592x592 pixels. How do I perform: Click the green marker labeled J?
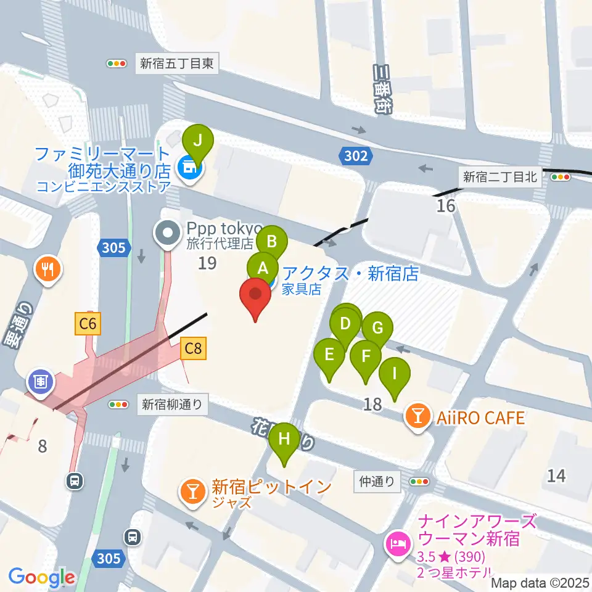(197, 141)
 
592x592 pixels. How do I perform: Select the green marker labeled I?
(394, 374)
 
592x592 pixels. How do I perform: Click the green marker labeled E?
(329, 355)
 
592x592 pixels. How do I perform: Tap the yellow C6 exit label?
(88, 324)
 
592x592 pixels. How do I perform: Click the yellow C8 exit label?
(193, 348)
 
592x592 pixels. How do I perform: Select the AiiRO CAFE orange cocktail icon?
(418, 418)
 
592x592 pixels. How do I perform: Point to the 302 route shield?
(356, 156)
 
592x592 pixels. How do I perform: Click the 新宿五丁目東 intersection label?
(176, 63)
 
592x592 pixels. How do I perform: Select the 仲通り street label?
(376, 482)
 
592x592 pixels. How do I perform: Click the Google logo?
(42, 577)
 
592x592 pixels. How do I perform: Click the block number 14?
(556, 475)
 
